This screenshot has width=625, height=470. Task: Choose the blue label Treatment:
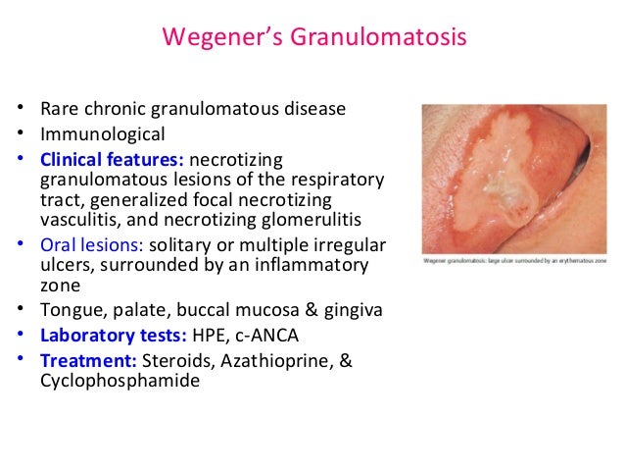(x=84, y=361)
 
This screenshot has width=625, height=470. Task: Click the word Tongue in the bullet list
(x=67, y=311)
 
